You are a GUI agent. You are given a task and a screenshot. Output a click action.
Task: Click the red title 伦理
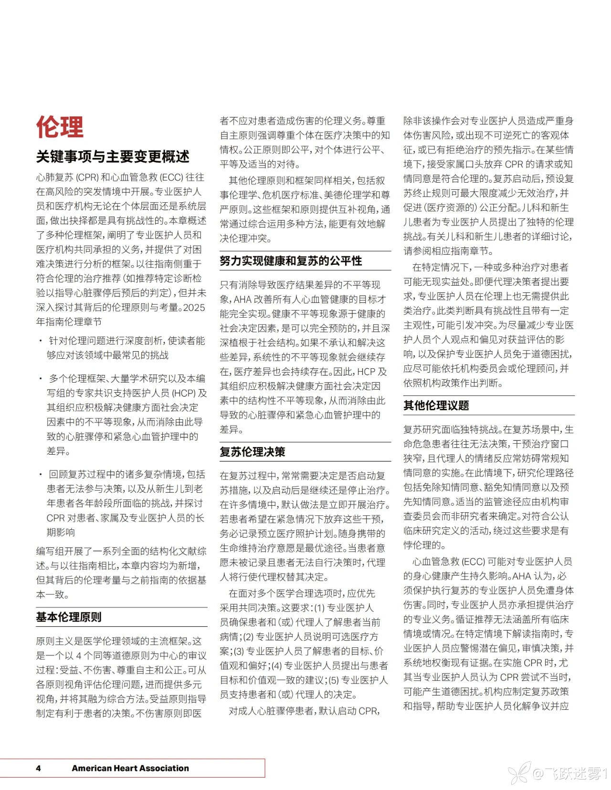coord(60,127)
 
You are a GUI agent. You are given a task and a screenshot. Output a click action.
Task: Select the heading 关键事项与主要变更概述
coord(113,156)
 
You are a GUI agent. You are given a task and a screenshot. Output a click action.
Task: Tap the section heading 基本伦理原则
coord(69,617)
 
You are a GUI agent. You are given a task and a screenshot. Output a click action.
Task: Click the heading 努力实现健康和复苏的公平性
coord(291,261)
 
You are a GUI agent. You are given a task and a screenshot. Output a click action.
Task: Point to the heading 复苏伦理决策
coord(252,452)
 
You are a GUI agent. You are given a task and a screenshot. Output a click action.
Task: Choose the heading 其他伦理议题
coord(436,405)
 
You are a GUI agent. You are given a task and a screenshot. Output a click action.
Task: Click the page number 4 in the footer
coord(38,768)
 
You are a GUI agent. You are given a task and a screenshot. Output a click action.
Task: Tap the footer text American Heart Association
coord(130,768)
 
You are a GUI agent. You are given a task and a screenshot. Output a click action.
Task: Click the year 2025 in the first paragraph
coord(194,307)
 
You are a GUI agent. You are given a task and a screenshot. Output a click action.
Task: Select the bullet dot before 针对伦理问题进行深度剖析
coord(41,341)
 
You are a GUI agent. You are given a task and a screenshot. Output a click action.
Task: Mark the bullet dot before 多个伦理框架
coord(41,379)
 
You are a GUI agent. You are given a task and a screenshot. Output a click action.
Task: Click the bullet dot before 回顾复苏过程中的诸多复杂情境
coord(41,475)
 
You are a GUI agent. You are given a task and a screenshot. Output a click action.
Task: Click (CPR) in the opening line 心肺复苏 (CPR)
coord(87,177)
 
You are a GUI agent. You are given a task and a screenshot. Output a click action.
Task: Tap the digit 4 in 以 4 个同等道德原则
coord(79,656)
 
